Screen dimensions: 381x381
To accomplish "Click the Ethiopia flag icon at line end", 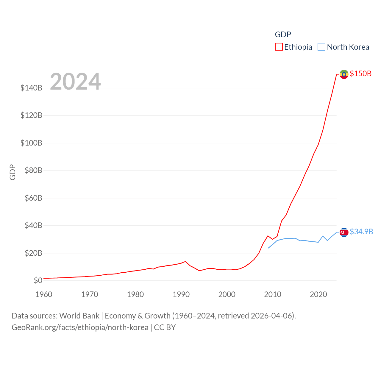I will [344, 74].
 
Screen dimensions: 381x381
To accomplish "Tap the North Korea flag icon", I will [344, 232].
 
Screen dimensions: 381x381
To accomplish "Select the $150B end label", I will [360, 74].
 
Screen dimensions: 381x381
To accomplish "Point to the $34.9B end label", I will [361, 232].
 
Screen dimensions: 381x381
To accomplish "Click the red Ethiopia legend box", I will [279, 47].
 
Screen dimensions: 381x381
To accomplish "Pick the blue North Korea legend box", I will [321, 47].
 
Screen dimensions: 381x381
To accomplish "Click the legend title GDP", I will [283, 35].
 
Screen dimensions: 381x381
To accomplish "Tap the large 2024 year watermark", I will [75, 81].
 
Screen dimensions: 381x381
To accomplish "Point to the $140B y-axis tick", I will [31, 88].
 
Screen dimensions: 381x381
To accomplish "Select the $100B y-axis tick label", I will [31, 143].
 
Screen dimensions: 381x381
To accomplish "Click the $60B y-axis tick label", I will [33, 198].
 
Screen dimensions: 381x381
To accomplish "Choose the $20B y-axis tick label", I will [33, 253].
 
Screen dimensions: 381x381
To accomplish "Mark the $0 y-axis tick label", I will [38, 280].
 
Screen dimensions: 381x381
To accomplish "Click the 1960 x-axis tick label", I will [44, 294].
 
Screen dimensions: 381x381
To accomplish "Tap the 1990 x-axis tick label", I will [181, 294].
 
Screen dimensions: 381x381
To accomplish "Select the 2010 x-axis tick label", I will [273, 294].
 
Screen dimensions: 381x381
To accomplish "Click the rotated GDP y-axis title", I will [13, 172].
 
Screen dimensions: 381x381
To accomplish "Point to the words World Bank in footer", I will [79, 316].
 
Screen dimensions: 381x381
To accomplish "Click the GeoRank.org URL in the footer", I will [80, 327].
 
